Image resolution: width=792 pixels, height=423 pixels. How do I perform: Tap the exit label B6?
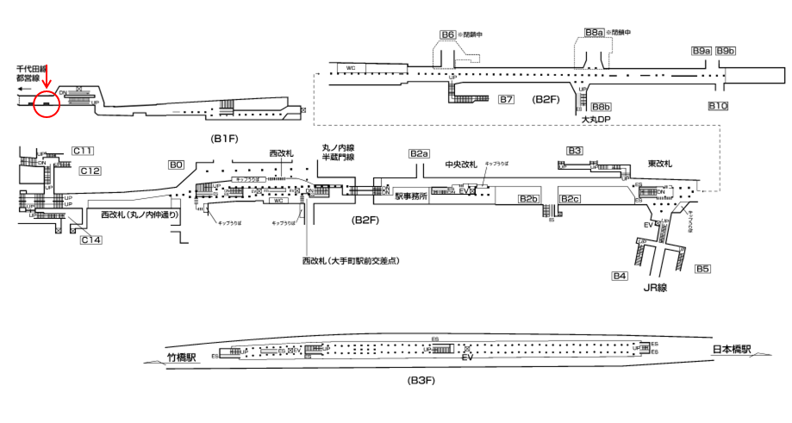tap(447, 35)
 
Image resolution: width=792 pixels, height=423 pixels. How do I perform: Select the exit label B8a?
tap(593, 33)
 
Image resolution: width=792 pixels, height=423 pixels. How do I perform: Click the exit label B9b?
tap(726, 51)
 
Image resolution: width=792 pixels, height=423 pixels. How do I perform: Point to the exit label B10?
tap(719, 106)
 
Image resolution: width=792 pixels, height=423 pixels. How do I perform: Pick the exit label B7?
tap(507, 100)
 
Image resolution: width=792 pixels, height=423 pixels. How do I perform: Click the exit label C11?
tap(83, 151)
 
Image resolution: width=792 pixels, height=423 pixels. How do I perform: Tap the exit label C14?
tap(91, 239)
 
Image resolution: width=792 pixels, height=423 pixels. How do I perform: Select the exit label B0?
tap(176, 164)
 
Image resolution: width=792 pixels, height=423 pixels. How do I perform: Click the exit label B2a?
tap(419, 153)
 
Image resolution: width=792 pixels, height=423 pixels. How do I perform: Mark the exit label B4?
tap(619, 276)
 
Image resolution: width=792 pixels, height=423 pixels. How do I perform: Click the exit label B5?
tap(702, 269)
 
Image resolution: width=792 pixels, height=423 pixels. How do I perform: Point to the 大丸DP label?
tap(597, 119)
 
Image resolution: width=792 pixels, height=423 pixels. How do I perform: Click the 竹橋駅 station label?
tap(182, 355)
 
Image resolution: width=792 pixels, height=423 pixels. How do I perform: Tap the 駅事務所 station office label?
tap(412, 196)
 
